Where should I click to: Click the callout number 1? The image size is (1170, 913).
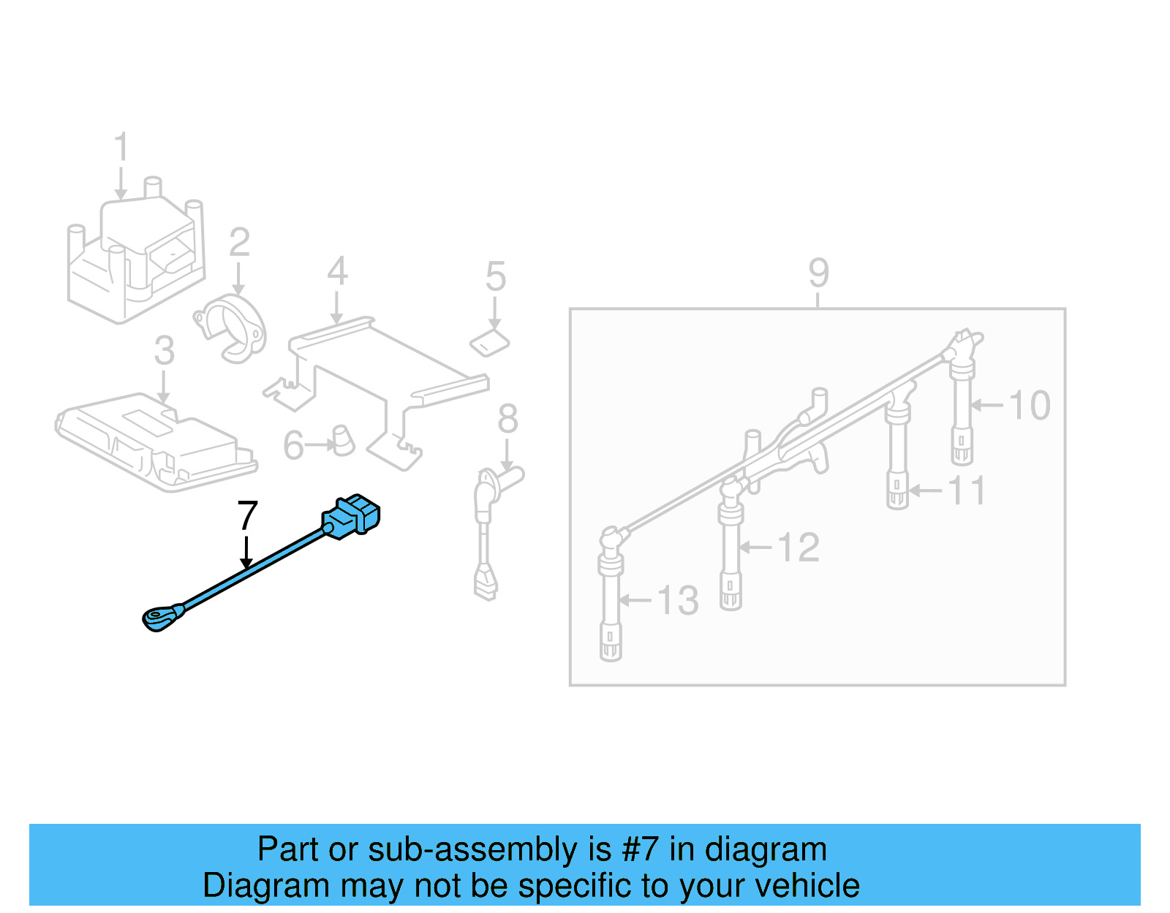click(121, 147)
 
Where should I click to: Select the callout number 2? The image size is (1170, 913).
click(239, 243)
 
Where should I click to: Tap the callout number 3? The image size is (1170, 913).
click(165, 351)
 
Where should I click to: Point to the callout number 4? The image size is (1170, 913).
click(336, 271)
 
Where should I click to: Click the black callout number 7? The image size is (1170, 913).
click(248, 516)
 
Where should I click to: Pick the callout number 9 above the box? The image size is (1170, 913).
click(818, 273)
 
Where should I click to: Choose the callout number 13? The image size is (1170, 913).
click(678, 601)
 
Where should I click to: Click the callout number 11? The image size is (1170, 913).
click(967, 490)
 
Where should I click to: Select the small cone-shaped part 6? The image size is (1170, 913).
click(342, 440)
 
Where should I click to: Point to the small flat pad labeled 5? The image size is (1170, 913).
click(489, 342)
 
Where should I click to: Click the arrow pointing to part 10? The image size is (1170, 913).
click(987, 405)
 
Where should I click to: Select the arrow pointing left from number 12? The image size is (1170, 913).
click(755, 547)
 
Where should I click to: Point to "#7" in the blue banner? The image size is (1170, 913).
click(640, 849)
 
